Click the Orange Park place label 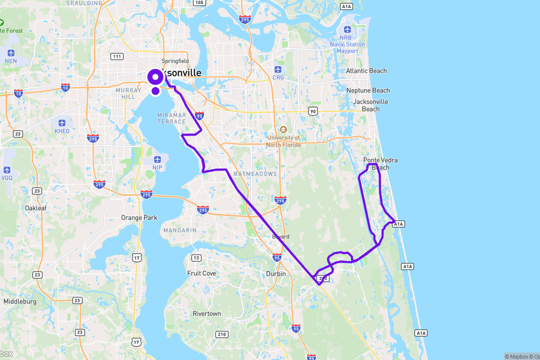tap(139, 217)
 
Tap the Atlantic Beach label tap(366, 71)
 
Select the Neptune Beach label tap(368, 90)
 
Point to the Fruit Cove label tap(201, 273)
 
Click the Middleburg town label tap(20, 301)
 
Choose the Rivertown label tap(206, 313)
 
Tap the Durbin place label tap(276, 273)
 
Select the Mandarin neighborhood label tap(179, 230)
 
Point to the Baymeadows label tap(255, 174)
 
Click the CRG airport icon tap(278, 69)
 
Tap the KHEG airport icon tap(62, 123)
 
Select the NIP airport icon tap(157, 159)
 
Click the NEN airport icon tap(11, 53)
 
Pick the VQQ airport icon tap(7, 170)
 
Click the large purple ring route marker tap(155, 77)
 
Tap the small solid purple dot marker tap(155, 91)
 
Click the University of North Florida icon tap(283, 129)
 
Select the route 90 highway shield tap(312, 111)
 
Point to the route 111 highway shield tap(117, 56)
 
